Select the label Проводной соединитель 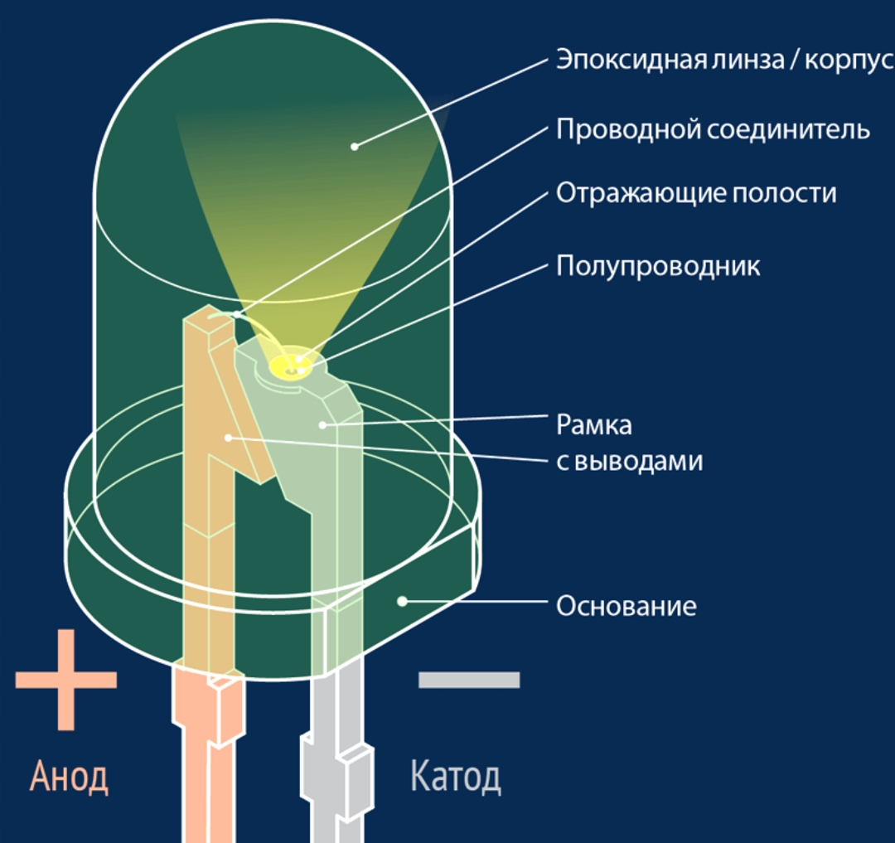(713, 129)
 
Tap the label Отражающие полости (696, 193)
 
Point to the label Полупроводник (658, 266)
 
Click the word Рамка (593, 424)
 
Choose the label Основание (626, 606)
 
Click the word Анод (69, 777)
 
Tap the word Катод (455, 777)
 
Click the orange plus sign (66, 680)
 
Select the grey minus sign (469, 680)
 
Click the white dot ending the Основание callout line (402, 599)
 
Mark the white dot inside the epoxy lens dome (354, 147)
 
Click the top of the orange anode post (207, 319)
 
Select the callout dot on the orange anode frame (228, 436)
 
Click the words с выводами (629, 461)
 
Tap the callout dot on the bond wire (237, 314)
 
